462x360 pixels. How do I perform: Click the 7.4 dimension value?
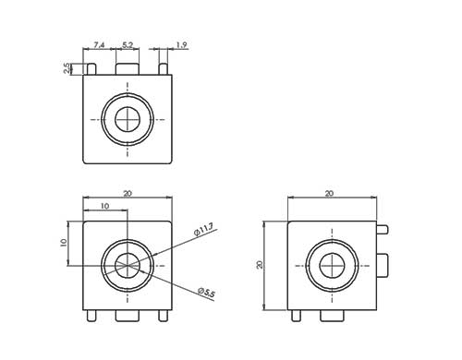[x=99, y=45]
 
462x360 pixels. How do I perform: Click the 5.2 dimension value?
[x=128, y=45]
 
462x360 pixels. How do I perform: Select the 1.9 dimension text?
[x=182, y=45]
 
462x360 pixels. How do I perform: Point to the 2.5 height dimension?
[x=67, y=68]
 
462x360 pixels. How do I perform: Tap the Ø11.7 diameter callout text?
[x=203, y=230]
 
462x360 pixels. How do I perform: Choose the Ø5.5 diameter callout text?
[x=206, y=293]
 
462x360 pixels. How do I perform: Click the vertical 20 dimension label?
[x=260, y=265]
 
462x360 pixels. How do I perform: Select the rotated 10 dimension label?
[x=64, y=243]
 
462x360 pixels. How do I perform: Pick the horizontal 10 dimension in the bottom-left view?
[x=105, y=206]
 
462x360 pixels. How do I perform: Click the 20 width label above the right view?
[x=329, y=194]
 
